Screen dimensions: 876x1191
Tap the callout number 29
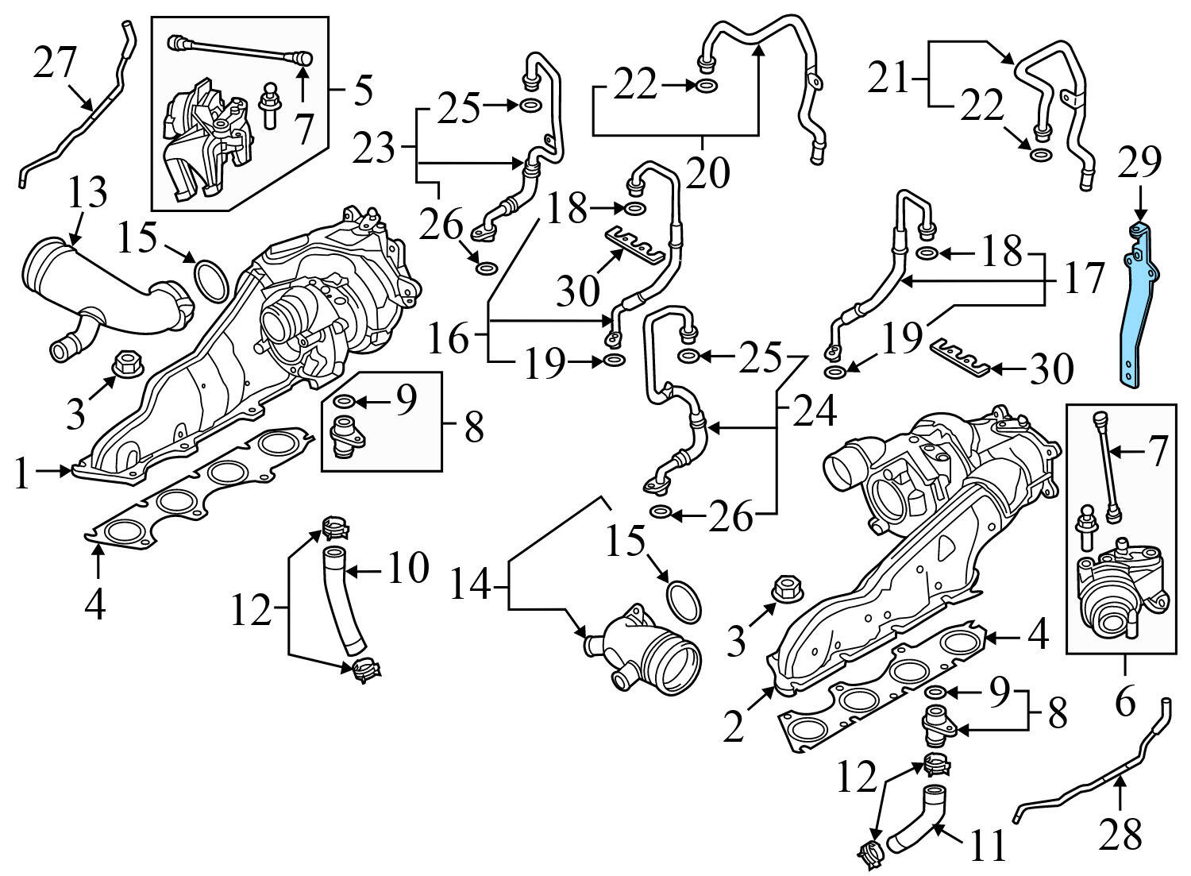coord(1139,163)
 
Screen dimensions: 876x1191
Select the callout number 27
coord(55,63)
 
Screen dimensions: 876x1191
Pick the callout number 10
coord(408,569)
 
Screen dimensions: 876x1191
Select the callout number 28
coord(1120,834)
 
